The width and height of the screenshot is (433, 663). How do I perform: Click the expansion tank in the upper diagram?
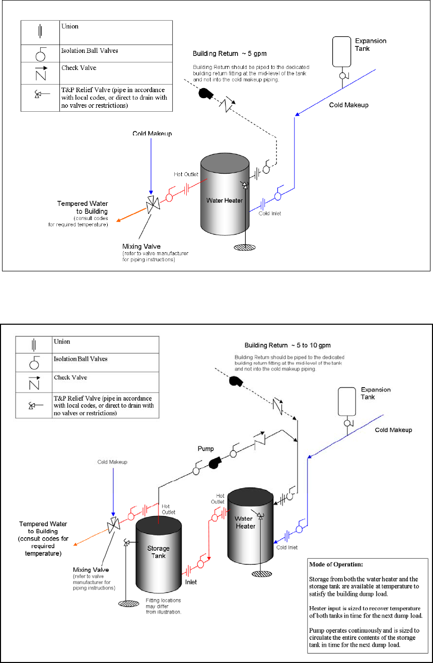(342, 51)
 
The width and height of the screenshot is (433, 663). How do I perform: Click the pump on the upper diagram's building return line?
(207, 94)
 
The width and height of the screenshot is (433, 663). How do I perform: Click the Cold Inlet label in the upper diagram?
(270, 213)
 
